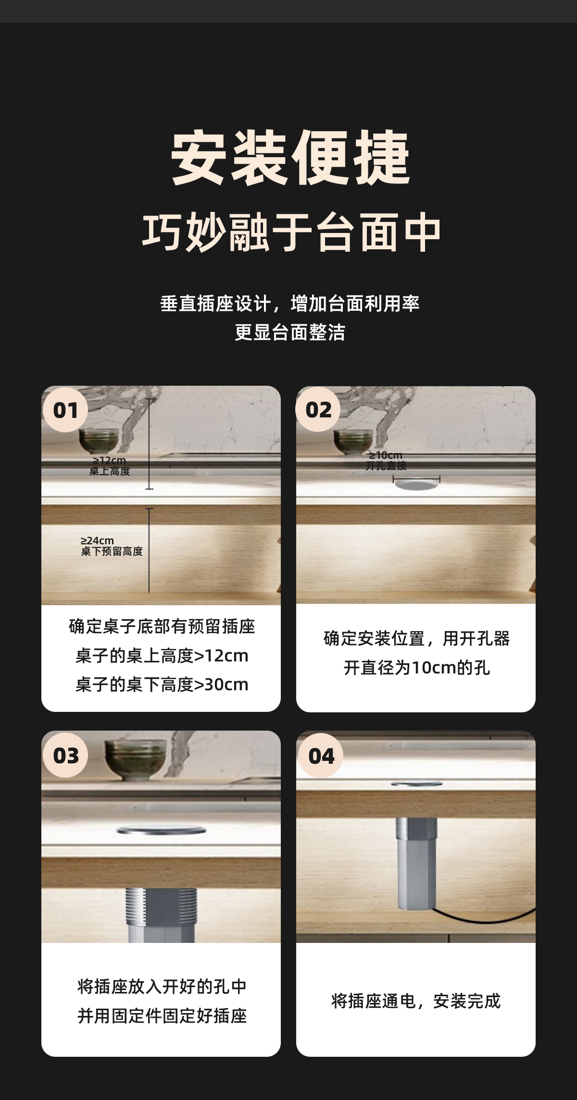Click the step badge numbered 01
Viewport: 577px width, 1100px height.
(x=65, y=410)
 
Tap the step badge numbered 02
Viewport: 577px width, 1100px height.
(x=318, y=410)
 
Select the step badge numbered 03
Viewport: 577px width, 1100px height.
(x=65, y=755)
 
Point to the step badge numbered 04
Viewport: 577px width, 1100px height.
(x=321, y=756)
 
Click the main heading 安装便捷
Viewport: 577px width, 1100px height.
(x=290, y=158)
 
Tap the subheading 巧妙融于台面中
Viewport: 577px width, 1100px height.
(x=291, y=232)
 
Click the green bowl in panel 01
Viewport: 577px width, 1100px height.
(x=99, y=441)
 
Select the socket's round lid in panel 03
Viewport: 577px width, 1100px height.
(x=161, y=830)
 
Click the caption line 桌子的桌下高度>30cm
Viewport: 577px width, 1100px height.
(x=162, y=684)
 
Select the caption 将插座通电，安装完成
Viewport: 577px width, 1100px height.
(x=416, y=1001)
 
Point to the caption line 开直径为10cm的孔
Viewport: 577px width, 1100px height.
(x=416, y=668)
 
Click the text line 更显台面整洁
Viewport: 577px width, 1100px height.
(x=290, y=332)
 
